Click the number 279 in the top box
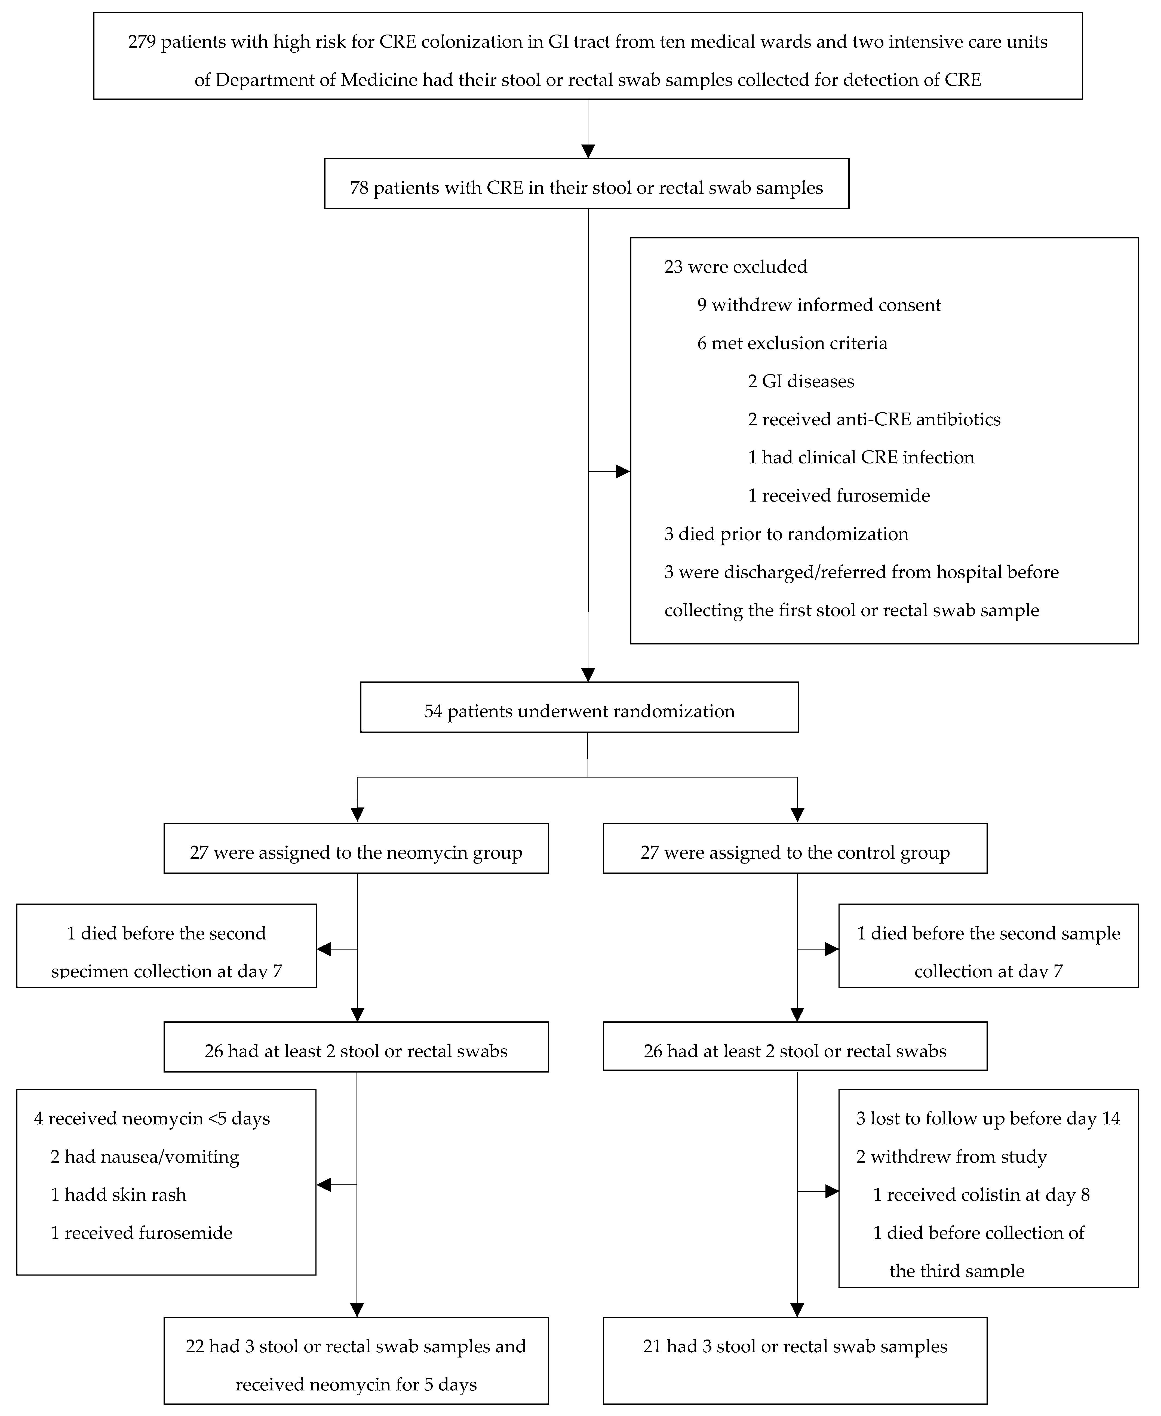[142, 42]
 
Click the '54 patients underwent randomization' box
[579, 707]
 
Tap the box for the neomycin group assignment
[356, 848]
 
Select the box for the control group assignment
[794, 848]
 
